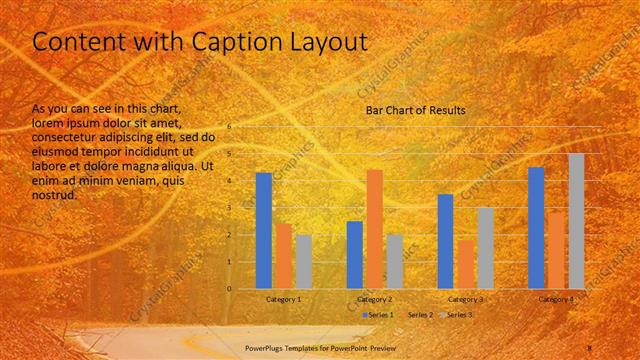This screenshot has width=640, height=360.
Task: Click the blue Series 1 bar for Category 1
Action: tap(264, 230)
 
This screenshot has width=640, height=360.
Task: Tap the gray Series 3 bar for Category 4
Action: tap(576, 221)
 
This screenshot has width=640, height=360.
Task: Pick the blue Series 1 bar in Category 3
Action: tap(445, 241)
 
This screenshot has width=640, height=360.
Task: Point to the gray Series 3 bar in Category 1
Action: tap(303, 261)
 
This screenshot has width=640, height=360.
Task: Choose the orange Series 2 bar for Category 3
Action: tap(465, 264)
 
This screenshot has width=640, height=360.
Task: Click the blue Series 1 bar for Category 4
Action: tap(536, 227)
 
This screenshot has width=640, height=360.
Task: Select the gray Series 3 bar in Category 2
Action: tap(394, 261)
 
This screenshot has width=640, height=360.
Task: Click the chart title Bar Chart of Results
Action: tap(415, 110)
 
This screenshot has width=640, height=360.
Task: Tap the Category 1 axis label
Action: tap(284, 299)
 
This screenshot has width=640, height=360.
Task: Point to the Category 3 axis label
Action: tap(465, 299)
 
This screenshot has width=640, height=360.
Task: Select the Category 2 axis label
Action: tap(375, 299)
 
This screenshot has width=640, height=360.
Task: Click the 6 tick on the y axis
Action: tap(229, 127)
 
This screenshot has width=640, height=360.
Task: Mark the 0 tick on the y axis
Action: tap(229, 289)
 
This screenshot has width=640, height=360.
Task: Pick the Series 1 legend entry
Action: tap(379, 315)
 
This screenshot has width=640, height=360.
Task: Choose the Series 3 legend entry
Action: tap(459, 315)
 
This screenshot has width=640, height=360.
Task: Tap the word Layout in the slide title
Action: tap(316, 43)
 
